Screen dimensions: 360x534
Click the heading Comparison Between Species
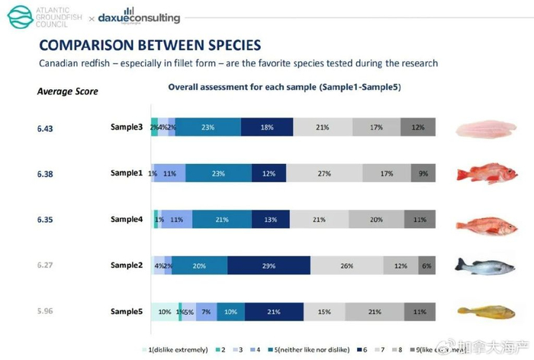[150, 45]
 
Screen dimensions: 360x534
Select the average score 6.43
[47, 128]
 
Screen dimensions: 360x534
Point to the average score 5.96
[47, 311]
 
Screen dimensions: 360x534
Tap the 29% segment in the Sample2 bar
[269, 265]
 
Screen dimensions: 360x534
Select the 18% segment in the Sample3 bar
[267, 128]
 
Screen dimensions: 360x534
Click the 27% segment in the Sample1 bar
[324, 174]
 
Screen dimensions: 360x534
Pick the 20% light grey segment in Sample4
[376, 220]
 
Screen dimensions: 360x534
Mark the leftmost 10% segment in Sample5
[164, 311]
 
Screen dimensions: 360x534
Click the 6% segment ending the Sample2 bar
[426, 265]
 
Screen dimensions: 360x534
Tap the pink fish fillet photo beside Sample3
[486, 128]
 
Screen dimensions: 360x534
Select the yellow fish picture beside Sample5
[482, 311]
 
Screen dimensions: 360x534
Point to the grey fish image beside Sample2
[482, 265]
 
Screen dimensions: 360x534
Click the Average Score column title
[67, 92]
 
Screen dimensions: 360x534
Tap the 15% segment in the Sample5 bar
[324, 311]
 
